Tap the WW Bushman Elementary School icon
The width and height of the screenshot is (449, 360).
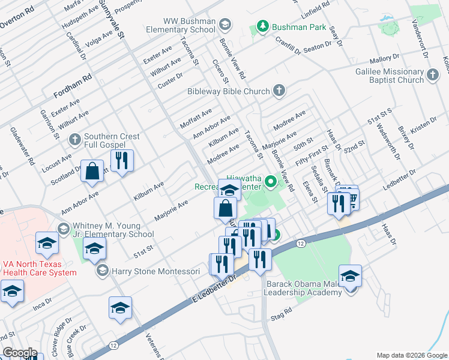point(225,25)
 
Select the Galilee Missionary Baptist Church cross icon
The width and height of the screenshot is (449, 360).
point(433,74)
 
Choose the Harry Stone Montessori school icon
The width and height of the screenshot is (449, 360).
point(102,271)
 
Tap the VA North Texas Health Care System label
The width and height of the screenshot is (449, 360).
point(39,268)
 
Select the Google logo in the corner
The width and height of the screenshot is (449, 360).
point(19,353)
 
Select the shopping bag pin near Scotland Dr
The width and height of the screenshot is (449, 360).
point(94,171)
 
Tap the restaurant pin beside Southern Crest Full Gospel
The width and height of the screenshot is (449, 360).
point(122,161)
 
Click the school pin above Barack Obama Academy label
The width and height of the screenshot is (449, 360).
point(350,277)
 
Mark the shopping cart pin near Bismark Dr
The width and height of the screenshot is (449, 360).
point(352,198)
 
